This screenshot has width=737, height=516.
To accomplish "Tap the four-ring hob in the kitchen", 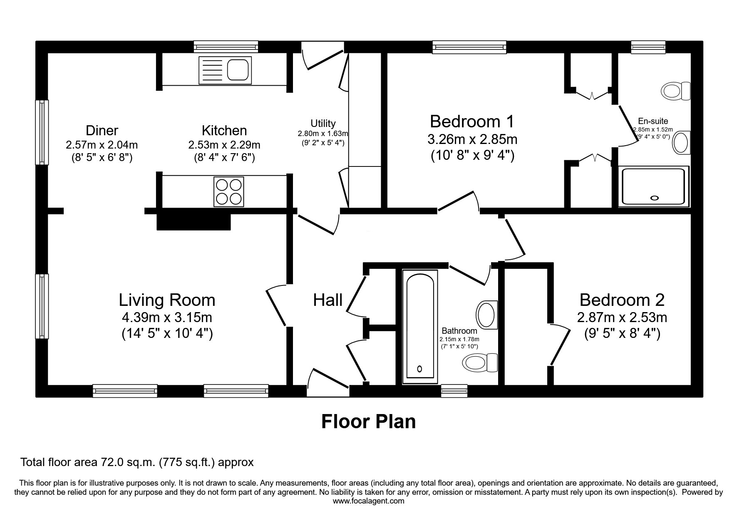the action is click(x=228, y=191).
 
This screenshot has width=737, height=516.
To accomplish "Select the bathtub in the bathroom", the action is click(x=420, y=327).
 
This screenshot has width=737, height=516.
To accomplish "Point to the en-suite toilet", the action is click(x=676, y=91).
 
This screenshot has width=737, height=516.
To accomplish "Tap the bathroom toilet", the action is click(x=480, y=362).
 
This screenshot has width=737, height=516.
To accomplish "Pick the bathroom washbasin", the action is click(x=486, y=315).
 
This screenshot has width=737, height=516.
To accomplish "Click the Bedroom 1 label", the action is click(x=472, y=122).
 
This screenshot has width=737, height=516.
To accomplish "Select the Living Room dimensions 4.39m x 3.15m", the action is click(x=167, y=318).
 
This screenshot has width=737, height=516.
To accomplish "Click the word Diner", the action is click(x=102, y=131).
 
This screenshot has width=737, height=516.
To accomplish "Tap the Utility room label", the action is click(x=323, y=124).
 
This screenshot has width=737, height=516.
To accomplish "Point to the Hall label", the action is click(x=328, y=300).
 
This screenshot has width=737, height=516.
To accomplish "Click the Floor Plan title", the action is click(x=368, y=422).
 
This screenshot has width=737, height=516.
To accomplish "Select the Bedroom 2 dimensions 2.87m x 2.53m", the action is click(x=622, y=318).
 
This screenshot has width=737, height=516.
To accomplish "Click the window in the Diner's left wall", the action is click(x=42, y=132).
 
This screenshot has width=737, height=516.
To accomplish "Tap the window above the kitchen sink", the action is click(x=226, y=47).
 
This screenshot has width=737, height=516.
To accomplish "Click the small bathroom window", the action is click(x=454, y=391).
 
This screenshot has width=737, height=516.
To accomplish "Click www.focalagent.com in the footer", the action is click(x=368, y=501).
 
